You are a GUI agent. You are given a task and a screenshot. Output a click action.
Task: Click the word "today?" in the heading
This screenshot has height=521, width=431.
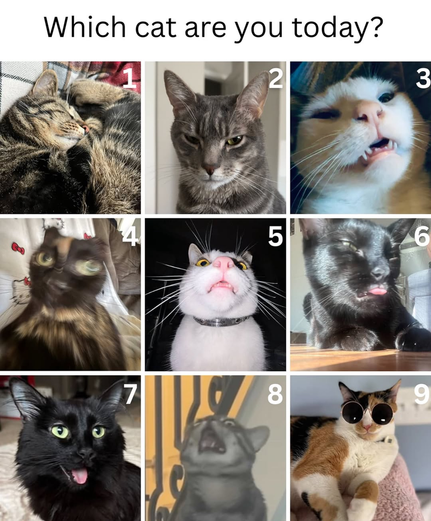pos(337,28)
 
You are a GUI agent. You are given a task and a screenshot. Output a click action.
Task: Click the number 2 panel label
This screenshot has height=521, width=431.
pos(276,78)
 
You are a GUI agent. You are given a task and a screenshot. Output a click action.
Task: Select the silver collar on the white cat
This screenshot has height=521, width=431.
pos(221,321)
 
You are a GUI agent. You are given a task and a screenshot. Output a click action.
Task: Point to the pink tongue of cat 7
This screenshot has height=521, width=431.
pos(79,476)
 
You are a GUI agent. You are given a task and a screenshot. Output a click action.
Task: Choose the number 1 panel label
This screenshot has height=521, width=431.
pos(130,78)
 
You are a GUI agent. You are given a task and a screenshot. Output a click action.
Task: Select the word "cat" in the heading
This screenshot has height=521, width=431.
pos(156,28)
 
